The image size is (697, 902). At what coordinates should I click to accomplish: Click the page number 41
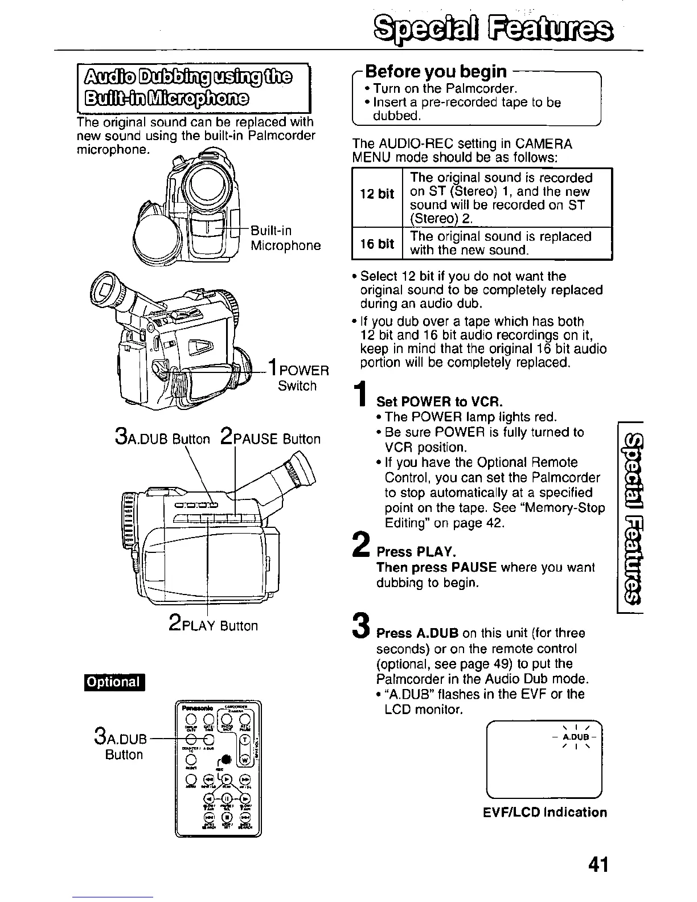(597, 865)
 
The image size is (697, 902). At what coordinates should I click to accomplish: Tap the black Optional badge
(114, 682)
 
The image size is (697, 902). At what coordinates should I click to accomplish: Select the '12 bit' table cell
(377, 194)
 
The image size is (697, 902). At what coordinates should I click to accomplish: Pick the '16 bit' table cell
(377, 244)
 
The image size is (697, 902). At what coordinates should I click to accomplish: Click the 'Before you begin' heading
(436, 72)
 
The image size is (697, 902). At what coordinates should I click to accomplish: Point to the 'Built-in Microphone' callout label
(285, 238)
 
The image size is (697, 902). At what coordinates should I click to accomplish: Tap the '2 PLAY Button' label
(214, 625)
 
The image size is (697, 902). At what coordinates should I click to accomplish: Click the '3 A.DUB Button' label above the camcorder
(162, 438)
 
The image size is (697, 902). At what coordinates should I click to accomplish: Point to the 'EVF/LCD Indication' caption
(544, 813)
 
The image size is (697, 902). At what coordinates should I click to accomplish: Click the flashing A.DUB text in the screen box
(574, 737)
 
